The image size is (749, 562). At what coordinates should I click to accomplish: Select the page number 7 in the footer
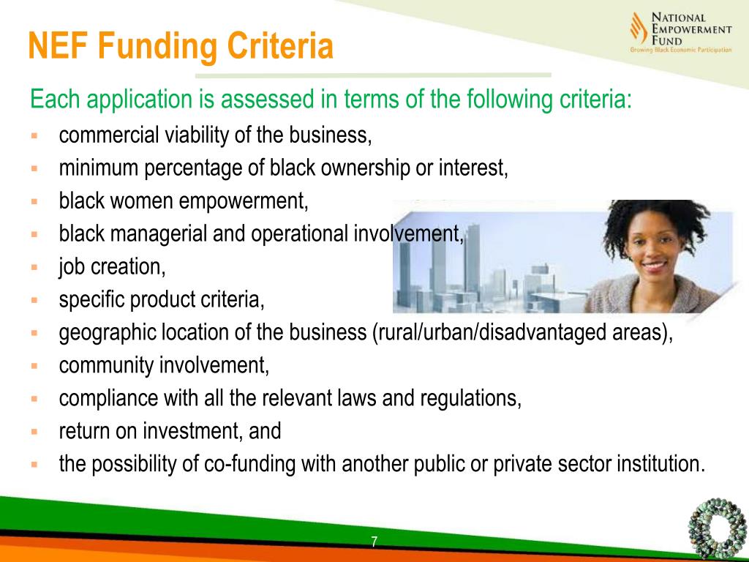coord(374,542)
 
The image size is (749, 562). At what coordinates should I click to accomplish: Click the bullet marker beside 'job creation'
coord(34,267)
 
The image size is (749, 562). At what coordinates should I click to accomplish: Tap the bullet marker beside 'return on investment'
coord(34,432)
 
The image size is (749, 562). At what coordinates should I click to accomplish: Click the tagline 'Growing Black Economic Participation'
coord(680,50)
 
